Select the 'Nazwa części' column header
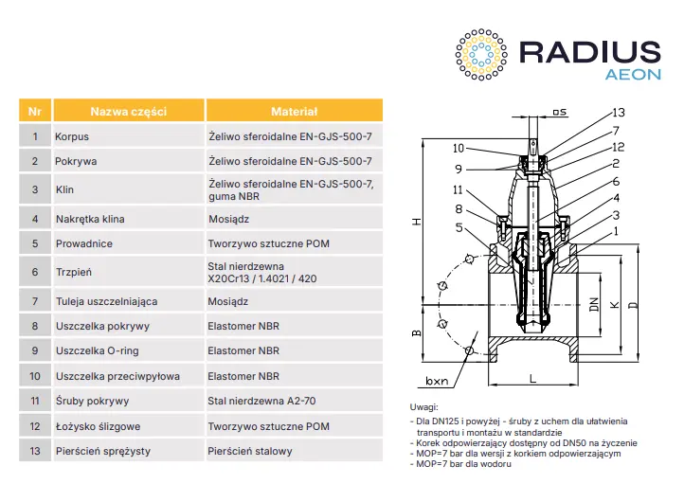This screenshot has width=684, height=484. click(x=129, y=111)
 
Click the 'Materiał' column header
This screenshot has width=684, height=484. click(x=294, y=111)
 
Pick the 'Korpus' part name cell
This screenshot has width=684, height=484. click(x=73, y=136)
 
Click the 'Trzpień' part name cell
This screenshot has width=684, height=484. click(x=74, y=273)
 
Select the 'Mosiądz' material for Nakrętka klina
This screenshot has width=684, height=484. click(x=227, y=219)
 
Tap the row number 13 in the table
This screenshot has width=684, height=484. click(x=34, y=451)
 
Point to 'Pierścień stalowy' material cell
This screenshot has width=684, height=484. click(x=250, y=451)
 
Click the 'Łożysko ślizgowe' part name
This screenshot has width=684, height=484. click(x=98, y=426)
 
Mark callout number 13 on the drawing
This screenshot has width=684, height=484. click(x=618, y=112)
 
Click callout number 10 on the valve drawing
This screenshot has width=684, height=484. click(x=459, y=148)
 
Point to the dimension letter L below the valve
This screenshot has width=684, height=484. click(x=533, y=378)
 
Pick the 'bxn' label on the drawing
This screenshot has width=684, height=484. click(x=437, y=382)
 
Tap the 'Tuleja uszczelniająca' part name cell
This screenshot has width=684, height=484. click(x=106, y=301)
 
